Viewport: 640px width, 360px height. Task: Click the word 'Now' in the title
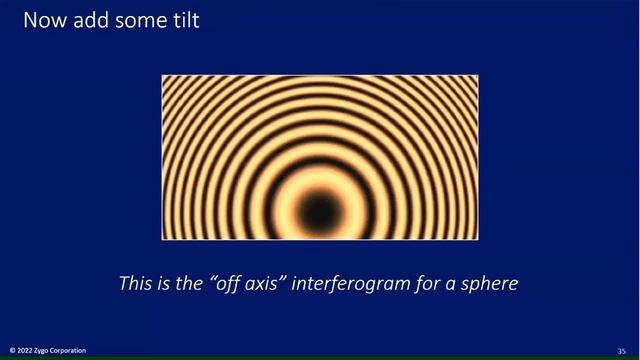click(42, 20)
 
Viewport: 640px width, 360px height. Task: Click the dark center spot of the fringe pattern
click(320, 208)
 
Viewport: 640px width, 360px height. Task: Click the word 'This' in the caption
click(136, 283)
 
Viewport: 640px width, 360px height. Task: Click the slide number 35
click(621, 351)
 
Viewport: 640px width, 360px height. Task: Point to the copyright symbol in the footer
click(12, 351)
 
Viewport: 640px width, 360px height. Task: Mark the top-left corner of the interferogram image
click(163, 76)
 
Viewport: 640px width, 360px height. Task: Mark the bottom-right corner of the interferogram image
click(478, 239)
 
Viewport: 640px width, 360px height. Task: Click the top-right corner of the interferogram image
click(478, 76)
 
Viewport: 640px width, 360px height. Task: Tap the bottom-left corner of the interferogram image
click(163, 239)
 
